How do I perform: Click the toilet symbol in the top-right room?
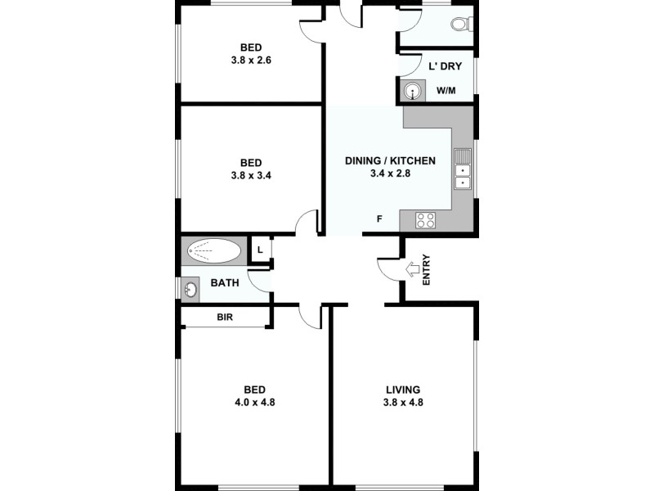(461, 25)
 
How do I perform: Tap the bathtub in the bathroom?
(214, 250)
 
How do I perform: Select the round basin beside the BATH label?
(190, 289)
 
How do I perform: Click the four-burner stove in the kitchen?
(425, 219)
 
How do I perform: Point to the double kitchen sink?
(463, 170)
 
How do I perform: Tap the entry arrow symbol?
(412, 268)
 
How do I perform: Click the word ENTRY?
(426, 271)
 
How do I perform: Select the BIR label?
(226, 317)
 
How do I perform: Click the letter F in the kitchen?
(379, 218)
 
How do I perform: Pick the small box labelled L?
(260, 250)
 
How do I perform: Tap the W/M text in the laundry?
(446, 91)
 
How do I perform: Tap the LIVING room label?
(403, 389)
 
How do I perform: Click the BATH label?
(225, 283)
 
